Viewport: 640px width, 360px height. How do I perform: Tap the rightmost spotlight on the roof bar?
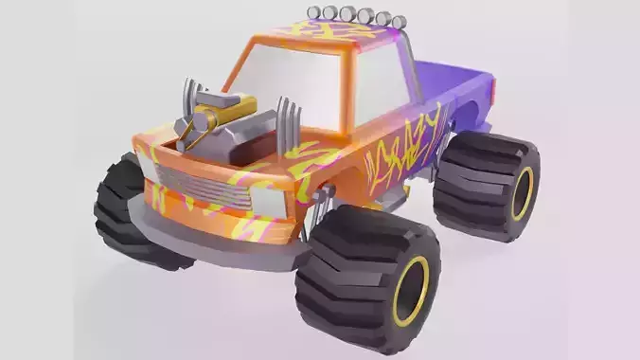pos(383,18)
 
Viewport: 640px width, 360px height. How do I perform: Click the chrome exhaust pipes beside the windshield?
pos(289,123)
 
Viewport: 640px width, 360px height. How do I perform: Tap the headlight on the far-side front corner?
pos(148,166)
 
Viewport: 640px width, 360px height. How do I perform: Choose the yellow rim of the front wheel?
pos(410,291)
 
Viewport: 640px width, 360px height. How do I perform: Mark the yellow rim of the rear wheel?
pos(522,193)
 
